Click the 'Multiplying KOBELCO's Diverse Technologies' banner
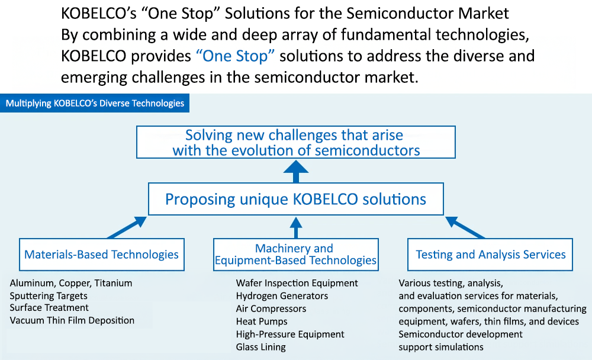pyautogui.click(x=95, y=104)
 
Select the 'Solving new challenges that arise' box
pyautogui.click(x=296, y=143)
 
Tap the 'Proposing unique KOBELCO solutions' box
pyautogui.click(x=295, y=199)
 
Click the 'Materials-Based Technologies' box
pyautogui.click(x=101, y=255)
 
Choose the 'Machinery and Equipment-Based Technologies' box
pyautogui.click(x=295, y=255)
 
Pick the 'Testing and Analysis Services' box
pyautogui.click(x=491, y=255)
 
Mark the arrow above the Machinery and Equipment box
pyautogui.click(x=296, y=227)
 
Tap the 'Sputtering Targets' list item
pyautogui.click(x=49, y=295)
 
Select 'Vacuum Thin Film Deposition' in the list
pyautogui.click(x=72, y=320)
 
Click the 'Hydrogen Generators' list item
pyautogui.click(x=282, y=295)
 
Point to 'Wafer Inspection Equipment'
pyautogui.click(x=297, y=283)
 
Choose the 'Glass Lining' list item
pyautogui.click(x=260, y=347)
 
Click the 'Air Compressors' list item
pyautogui.click(x=271, y=308)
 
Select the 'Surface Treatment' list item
pyautogui.click(x=49, y=308)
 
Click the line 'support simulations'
pyautogui.click(x=441, y=347)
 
